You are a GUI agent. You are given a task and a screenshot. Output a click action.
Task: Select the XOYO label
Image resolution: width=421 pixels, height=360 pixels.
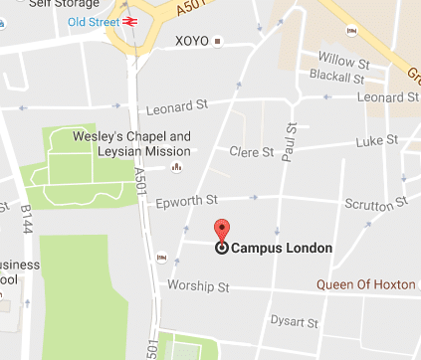(x=191, y=42)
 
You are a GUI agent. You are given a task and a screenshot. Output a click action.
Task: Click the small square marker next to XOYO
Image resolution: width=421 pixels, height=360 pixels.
(x=219, y=42)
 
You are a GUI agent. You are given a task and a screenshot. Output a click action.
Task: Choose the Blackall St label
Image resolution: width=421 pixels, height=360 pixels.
(x=332, y=75)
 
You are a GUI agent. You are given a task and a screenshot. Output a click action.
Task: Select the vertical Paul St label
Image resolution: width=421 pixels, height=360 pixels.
(x=292, y=140)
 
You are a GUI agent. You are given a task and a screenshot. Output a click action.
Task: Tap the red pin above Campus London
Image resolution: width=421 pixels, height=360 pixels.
(x=222, y=229)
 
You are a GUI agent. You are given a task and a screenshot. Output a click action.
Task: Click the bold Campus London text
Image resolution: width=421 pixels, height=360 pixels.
(x=282, y=249)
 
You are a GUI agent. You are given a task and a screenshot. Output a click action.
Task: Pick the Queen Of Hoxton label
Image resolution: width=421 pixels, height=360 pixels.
(x=365, y=284)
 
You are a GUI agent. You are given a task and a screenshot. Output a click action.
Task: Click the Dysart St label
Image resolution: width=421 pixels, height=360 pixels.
(x=295, y=322)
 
